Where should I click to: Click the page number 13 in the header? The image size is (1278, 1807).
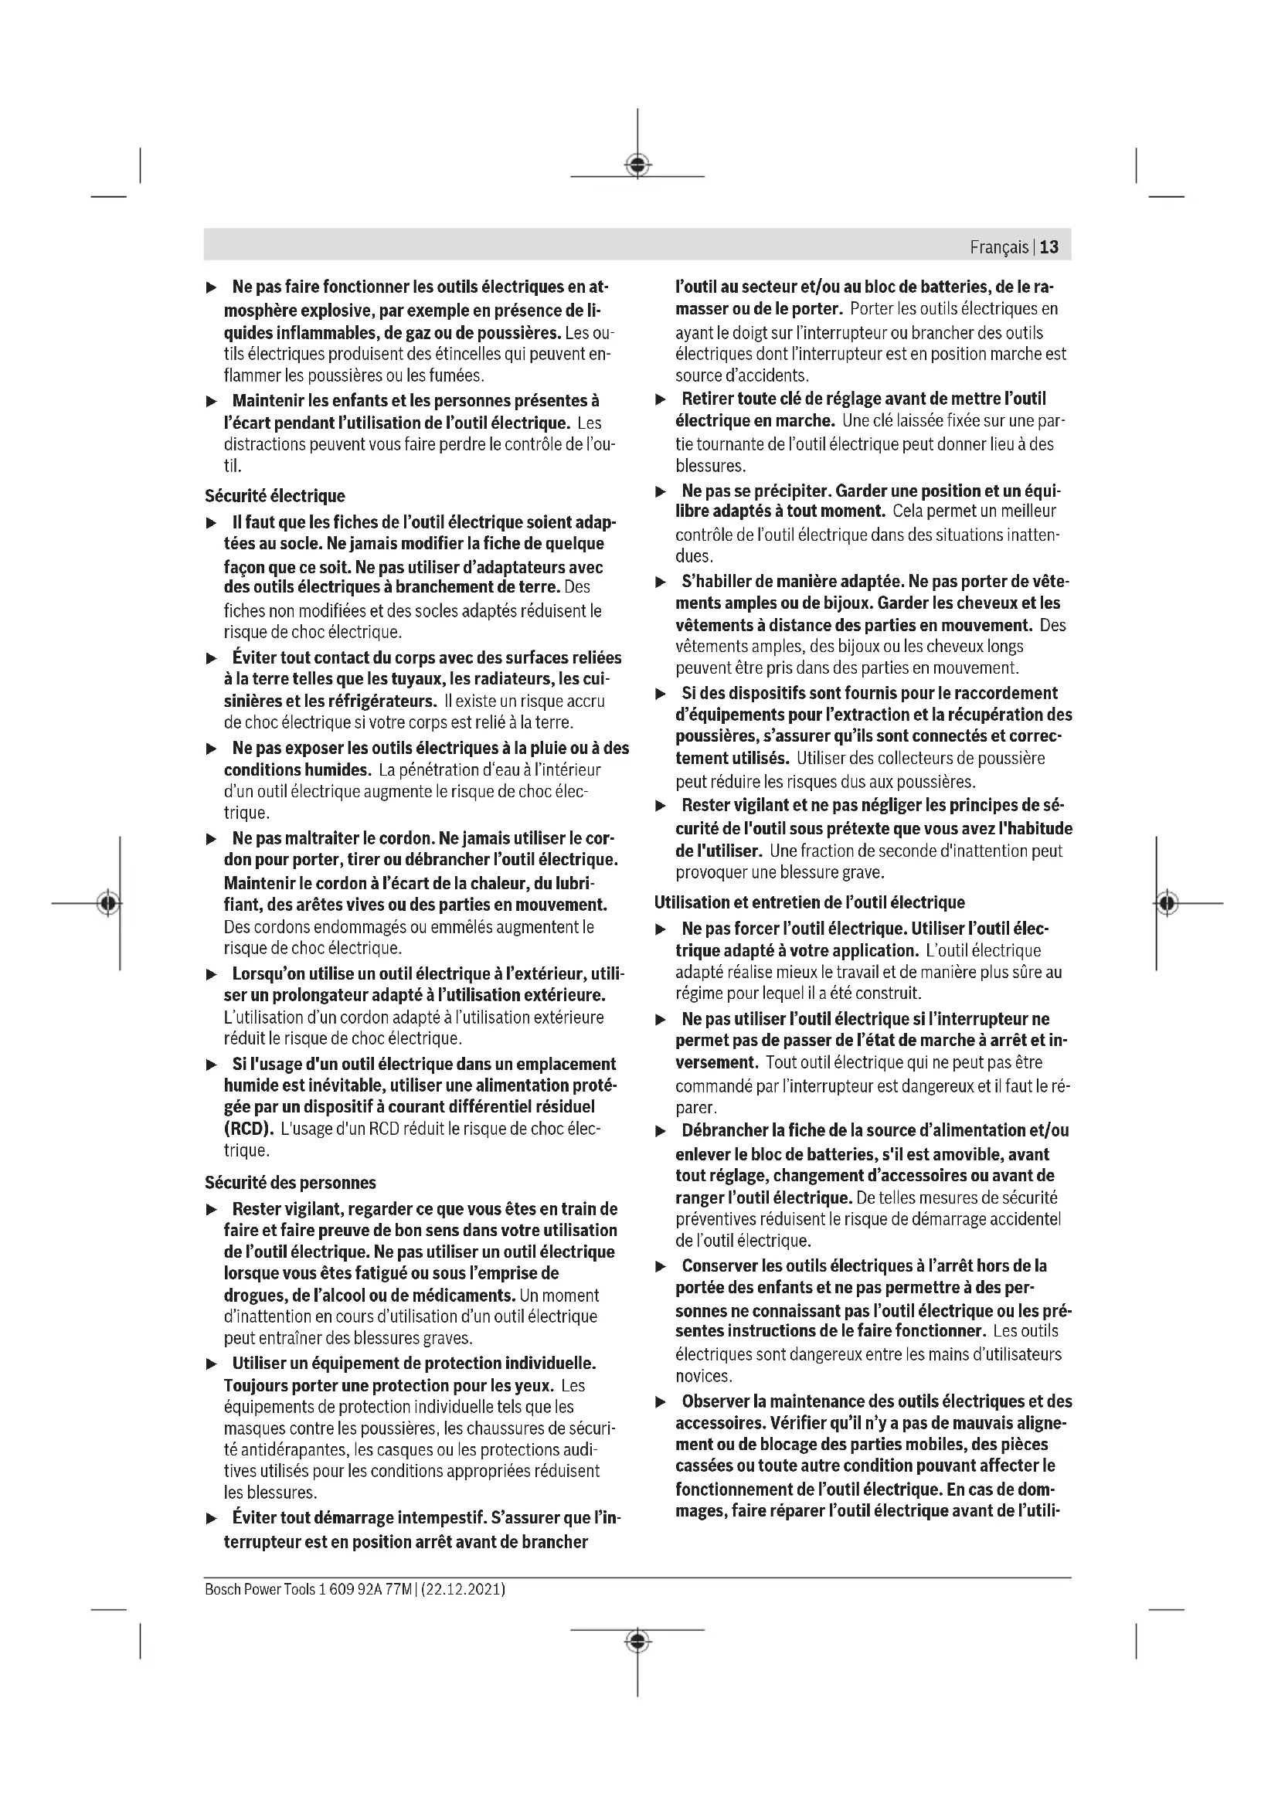pos(1049,247)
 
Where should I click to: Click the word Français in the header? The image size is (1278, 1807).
pos(998,247)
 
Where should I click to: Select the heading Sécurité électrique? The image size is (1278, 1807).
pos(274,496)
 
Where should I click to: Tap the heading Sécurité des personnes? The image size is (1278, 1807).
pos(291,1183)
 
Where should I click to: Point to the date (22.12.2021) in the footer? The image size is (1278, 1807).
pos(464,1589)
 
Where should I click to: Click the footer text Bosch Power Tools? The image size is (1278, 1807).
pos(260,1589)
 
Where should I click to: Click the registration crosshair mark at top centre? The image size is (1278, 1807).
pos(637,165)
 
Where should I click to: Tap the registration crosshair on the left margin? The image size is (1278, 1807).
pos(109,902)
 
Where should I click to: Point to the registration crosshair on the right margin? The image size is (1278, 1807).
pos(1168,902)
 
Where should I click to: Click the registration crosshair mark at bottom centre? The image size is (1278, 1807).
pos(637,1641)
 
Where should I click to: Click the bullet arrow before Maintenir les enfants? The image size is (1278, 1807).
pos(211,402)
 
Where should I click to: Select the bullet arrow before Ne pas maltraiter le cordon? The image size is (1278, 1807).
pos(211,839)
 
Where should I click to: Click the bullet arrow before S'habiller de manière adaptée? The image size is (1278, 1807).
pos(661,583)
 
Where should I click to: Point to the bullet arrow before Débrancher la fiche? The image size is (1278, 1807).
pos(661,1131)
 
